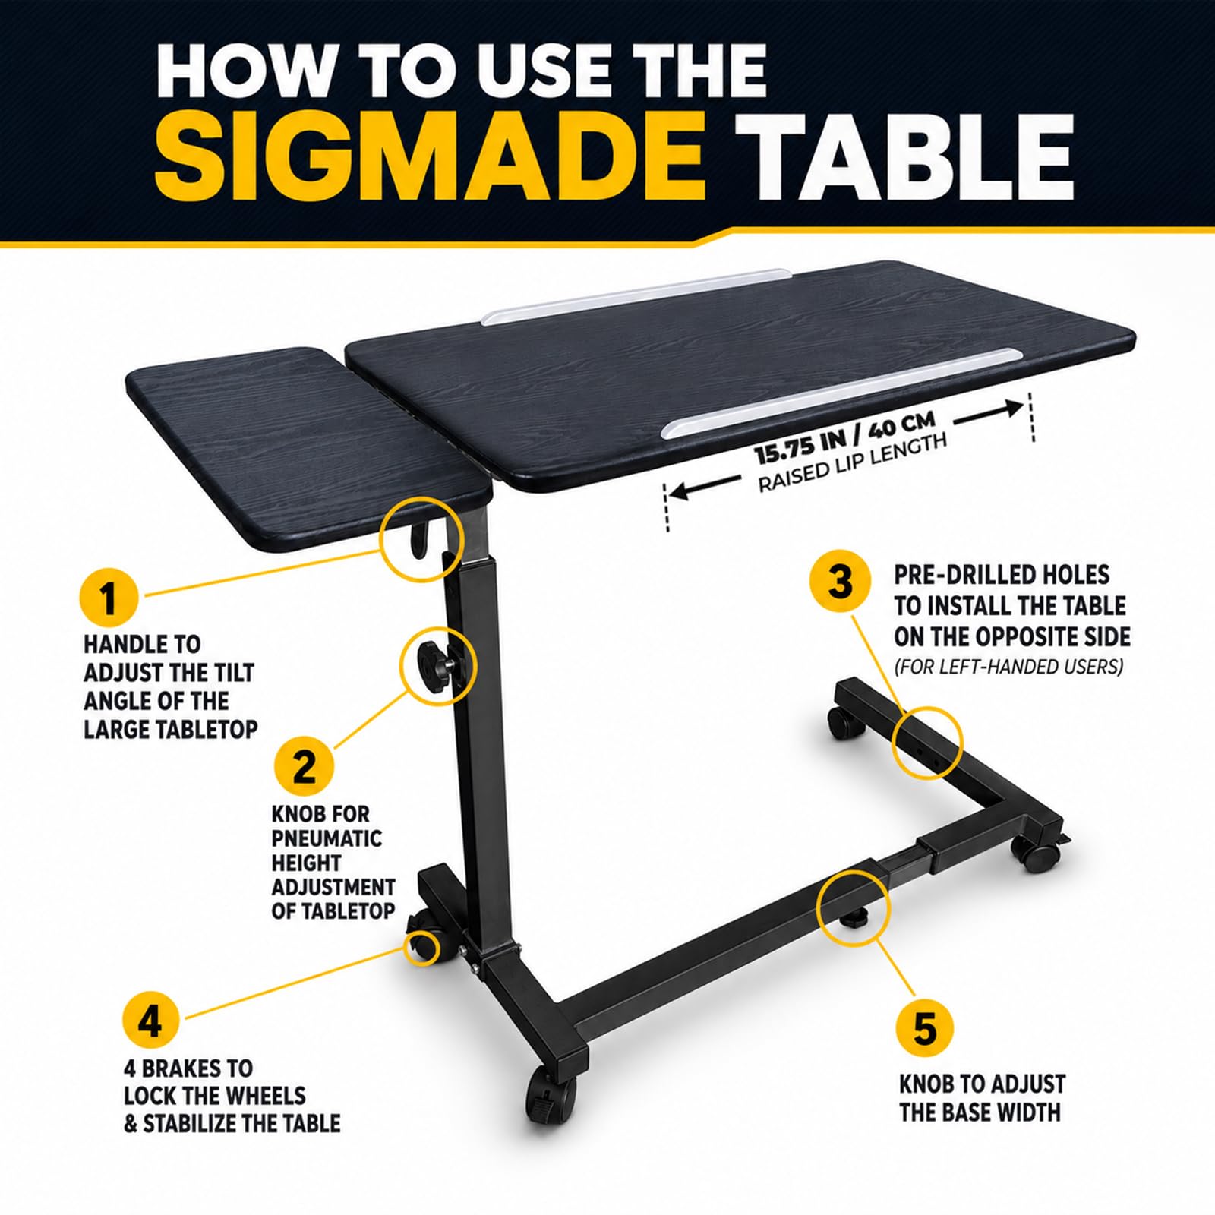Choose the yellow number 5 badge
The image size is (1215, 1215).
(924, 1030)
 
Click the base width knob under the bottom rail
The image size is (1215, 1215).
(854, 917)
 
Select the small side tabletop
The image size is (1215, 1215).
(308, 448)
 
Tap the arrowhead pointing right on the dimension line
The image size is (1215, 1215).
(1015, 409)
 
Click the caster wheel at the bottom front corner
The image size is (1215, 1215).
(548, 1089)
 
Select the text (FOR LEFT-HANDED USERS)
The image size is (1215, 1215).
(1008, 667)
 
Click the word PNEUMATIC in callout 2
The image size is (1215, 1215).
(327, 838)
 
